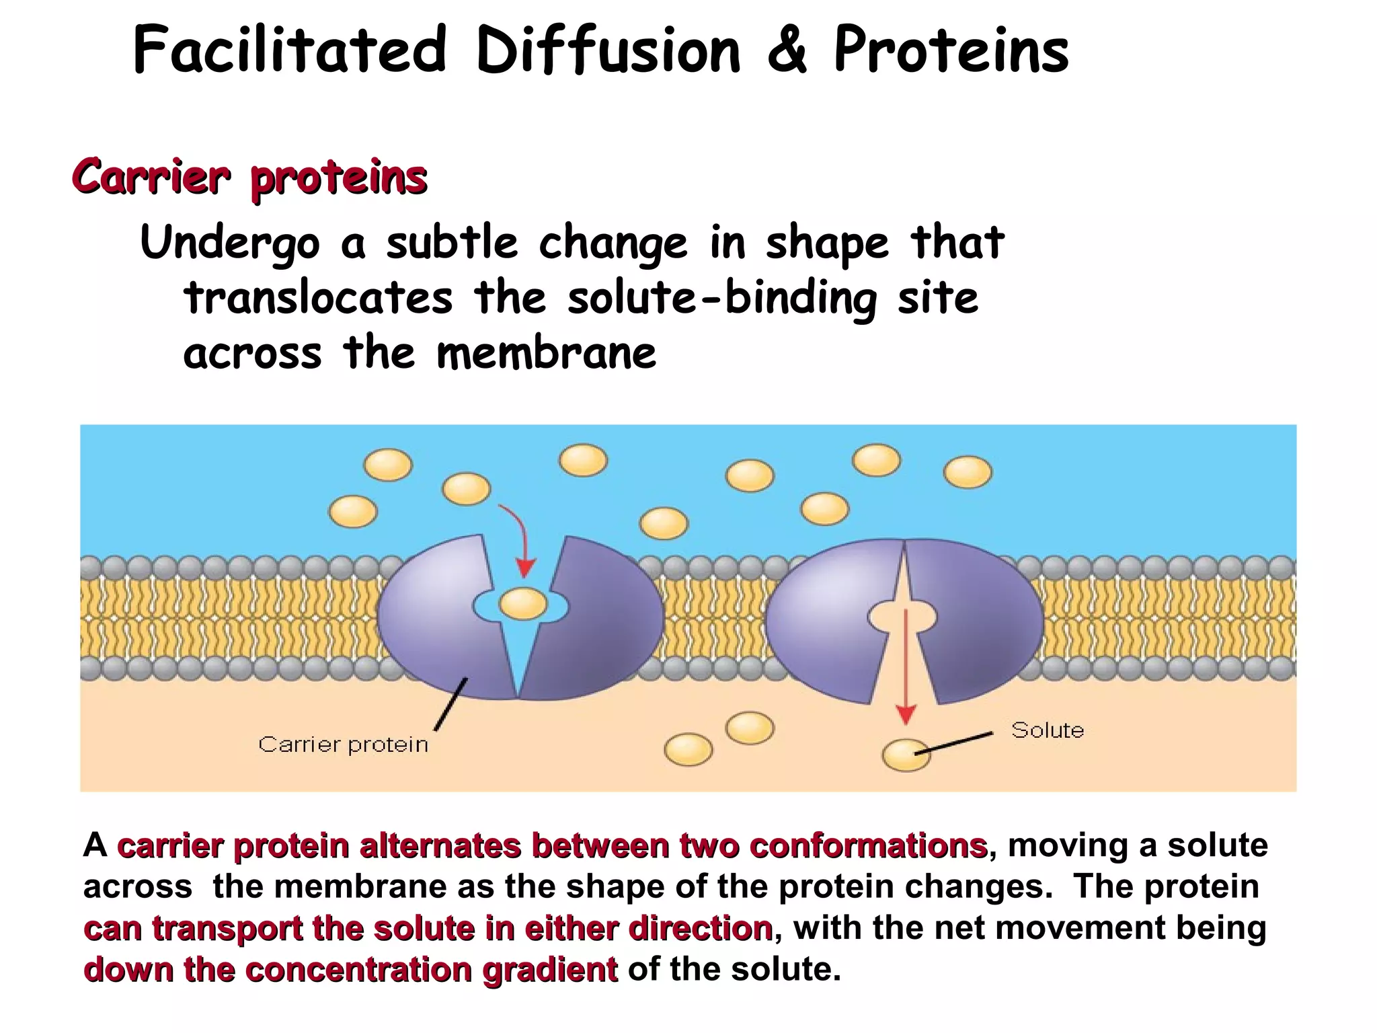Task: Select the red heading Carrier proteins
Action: (x=249, y=177)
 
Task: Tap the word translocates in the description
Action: (x=319, y=298)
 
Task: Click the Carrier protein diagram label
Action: (x=343, y=744)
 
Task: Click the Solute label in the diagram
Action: (x=1047, y=730)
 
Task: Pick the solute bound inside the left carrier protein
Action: (x=522, y=603)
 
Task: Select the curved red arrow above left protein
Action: (x=518, y=539)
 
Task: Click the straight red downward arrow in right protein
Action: (x=906, y=666)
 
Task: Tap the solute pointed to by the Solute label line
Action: (x=905, y=755)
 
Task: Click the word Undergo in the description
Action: (x=229, y=243)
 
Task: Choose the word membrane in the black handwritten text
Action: (x=546, y=353)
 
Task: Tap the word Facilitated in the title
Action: (x=290, y=51)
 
